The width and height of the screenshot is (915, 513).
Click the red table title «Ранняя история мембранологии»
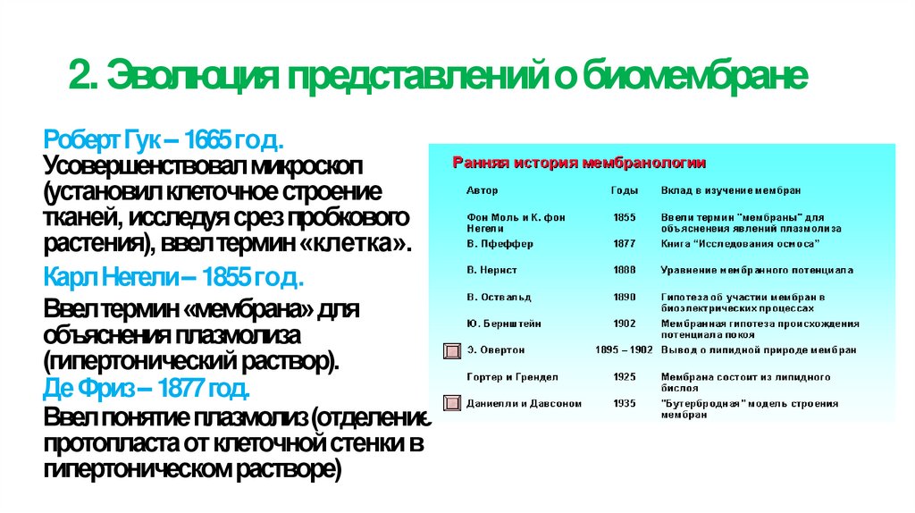(579, 164)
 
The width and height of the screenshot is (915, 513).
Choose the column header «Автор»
(483, 190)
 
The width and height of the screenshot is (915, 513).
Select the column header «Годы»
(625, 190)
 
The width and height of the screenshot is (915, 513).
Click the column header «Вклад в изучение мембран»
(731, 190)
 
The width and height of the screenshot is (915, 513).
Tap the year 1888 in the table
(625, 270)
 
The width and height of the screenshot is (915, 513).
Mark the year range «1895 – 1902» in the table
(625, 350)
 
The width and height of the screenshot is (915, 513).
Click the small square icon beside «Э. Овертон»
(452, 349)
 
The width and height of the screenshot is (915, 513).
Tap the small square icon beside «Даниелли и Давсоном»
(452, 403)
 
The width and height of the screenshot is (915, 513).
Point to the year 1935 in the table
(625, 404)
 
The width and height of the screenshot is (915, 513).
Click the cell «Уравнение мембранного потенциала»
(757, 270)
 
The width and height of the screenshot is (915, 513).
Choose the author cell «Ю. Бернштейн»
(504, 324)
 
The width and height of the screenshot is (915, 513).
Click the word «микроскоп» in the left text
(319, 166)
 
